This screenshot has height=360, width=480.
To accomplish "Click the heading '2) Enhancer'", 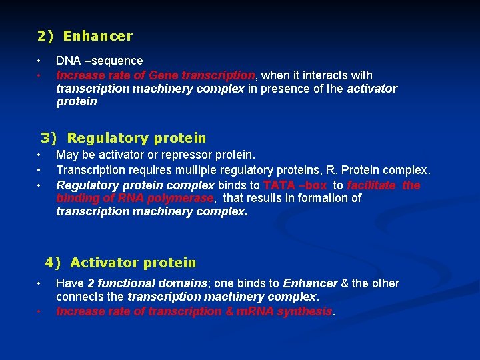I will pyautogui.click(x=85, y=37).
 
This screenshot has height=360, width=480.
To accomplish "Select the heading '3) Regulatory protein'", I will pyautogui.click(x=123, y=139).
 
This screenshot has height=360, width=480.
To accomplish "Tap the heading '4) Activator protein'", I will pyautogui.click(x=121, y=263).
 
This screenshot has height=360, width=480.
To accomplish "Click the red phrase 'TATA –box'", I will pyautogui.click(x=295, y=185).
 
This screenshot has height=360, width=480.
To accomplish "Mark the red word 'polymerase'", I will pyautogui.click(x=183, y=198).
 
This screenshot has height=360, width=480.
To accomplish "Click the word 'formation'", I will pyautogui.click(x=323, y=198).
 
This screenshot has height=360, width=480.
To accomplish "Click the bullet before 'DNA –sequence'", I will pyautogui.click(x=40, y=61).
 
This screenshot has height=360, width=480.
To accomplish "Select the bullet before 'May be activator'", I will pyautogui.click(x=40, y=155).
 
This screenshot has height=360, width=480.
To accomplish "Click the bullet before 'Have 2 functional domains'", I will pyautogui.click(x=40, y=283).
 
